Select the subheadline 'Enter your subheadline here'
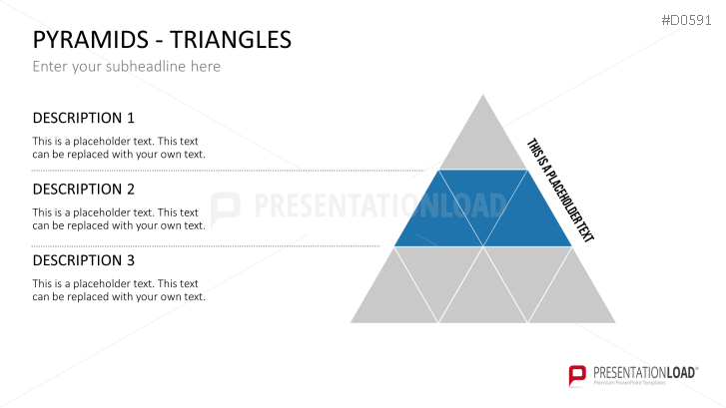[x=126, y=67]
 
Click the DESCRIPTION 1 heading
[x=83, y=118]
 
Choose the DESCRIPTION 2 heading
[x=83, y=189]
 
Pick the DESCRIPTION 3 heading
[x=83, y=260]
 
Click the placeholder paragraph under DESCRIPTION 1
[x=119, y=148]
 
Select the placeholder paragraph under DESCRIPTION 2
[x=119, y=218]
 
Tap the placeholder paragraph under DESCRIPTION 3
[x=119, y=290]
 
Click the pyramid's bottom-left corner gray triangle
[x=394, y=295]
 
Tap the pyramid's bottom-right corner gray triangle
[x=572, y=295]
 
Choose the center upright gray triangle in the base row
[x=483, y=295]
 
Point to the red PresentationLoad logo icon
[x=576, y=376]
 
